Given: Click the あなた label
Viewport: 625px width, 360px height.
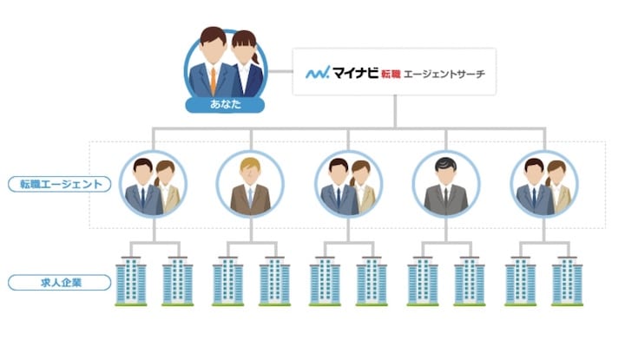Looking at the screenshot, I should click(x=225, y=105).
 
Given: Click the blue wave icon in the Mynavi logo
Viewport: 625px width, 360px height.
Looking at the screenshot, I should click(x=317, y=73).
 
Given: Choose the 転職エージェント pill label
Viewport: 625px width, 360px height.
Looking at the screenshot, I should click(x=60, y=184).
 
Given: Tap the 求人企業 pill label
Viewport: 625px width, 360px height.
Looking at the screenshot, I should click(x=60, y=282).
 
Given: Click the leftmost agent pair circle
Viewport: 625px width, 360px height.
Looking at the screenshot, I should click(x=154, y=184).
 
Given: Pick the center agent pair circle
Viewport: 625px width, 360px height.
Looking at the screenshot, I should click(x=348, y=184).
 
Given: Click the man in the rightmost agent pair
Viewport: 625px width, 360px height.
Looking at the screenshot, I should click(x=535, y=187).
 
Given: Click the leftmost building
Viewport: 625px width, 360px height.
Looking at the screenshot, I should click(x=130, y=279).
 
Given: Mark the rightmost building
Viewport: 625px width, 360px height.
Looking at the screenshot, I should click(x=567, y=279).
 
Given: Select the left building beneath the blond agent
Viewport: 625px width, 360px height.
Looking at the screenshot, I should click(x=227, y=279).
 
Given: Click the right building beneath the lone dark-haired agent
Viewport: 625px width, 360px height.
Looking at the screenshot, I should click(x=470, y=279).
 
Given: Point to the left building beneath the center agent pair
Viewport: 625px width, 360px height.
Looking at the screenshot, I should click(x=325, y=279).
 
